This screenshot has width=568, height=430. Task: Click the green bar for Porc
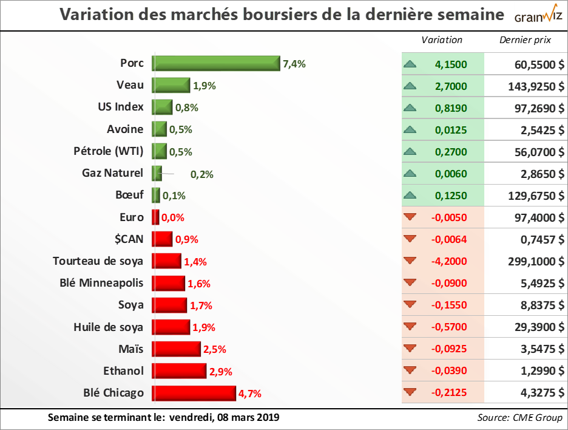click(x=215, y=63)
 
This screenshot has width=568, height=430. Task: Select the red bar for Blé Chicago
click(x=194, y=393)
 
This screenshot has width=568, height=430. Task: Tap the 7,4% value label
click(x=294, y=63)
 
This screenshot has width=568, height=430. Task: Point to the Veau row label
click(x=130, y=85)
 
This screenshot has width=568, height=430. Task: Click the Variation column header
click(x=442, y=40)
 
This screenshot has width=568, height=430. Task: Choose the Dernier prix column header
click(x=525, y=40)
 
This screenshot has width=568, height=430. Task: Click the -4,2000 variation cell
click(x=450, y=261)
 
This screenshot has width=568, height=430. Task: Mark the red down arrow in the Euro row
click(x=410, y=217)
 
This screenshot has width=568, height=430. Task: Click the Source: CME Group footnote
click(x=520, y=418)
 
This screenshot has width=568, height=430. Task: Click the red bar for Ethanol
click(x=179, y=371)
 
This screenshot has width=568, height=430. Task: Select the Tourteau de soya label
click(x=98, y=261)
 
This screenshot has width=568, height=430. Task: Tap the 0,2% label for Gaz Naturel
click(x=202, y=174)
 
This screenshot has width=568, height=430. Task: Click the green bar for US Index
click(x=162, y=107)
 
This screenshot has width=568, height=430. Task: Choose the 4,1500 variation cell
click(x=451, y=64)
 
